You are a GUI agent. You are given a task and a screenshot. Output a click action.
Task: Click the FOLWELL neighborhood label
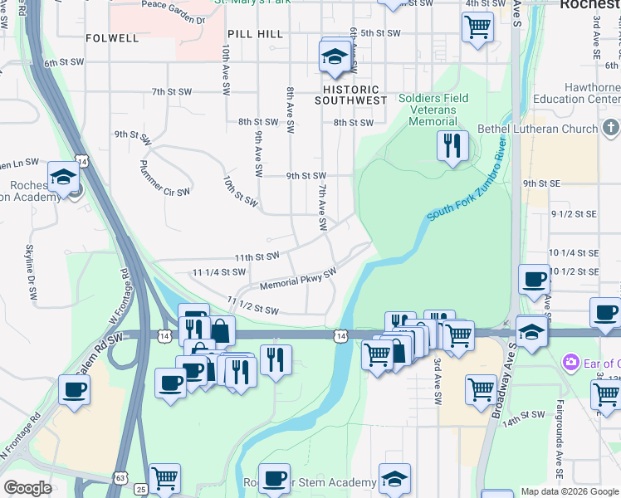coord(112,38)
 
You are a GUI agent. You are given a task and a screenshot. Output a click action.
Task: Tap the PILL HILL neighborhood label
coord(255,34)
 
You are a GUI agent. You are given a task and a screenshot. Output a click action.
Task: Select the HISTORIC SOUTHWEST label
coord(350,95)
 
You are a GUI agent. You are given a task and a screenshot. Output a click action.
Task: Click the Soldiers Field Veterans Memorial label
coord(433,110)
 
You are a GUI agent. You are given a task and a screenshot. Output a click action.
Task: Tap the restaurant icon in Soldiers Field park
coord(452,146)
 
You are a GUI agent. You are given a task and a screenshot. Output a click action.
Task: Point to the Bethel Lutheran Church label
coord(537,129)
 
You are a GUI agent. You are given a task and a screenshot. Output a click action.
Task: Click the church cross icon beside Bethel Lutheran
coord(611,128)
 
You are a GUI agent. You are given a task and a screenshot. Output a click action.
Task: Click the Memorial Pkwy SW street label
coord(297,279)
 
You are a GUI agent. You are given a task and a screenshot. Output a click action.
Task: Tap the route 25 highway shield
coord(141,489)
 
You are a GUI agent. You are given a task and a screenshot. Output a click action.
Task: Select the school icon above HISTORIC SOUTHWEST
coord(334,57)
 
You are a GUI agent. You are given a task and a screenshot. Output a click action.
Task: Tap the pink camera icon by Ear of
coord(570,362)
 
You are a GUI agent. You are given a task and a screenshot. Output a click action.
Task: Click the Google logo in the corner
coord(27,488)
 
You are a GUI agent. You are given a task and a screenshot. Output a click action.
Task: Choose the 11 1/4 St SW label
coord(219,271)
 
